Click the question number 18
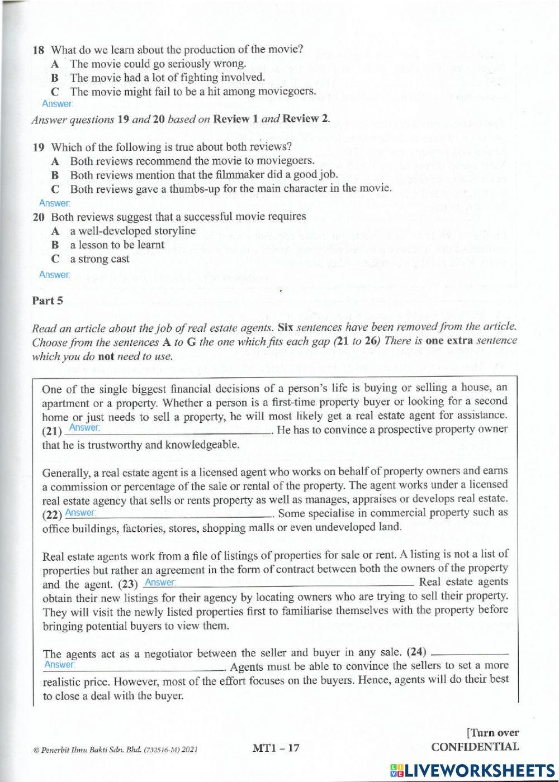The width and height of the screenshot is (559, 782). tap(38, 49)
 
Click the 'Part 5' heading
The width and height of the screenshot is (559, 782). tap(48, 301)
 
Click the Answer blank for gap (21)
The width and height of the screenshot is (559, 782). tap(168, 428)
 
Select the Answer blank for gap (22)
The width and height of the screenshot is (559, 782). tap(168, 513)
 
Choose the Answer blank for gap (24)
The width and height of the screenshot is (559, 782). tap(134, 665)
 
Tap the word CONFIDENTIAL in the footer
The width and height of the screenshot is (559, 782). tap(475, 747)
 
